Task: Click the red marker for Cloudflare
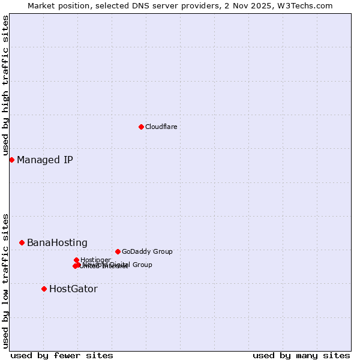[x=141, y=127]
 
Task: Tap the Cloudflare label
[x=161, y=127]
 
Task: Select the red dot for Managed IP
[x=11, y=160]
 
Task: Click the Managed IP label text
[x=45, y=160]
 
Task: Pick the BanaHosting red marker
[x=22, y=242]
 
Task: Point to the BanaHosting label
[x=57, y=242]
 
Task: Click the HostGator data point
[x=44, y=289]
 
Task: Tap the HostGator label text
[x=73, y=289]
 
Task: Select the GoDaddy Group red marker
[x=118, y=251]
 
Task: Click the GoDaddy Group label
[x=147, y=251]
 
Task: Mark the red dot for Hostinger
[x=76, y=260]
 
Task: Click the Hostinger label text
[x=95, y=260]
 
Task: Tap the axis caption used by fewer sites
[x=62, y=355]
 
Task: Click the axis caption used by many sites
[x=301, y=355]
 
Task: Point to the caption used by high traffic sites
[x=5, y=85]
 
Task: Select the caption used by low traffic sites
[x=5, y=280]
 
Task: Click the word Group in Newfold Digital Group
[x=142, y=265]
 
